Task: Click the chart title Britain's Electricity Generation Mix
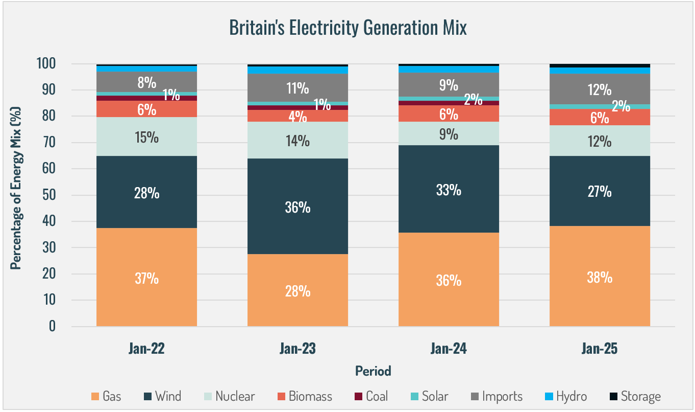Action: pos(347,28)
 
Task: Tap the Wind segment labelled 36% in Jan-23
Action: pos(297,207)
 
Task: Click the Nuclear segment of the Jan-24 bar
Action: pos(449,134)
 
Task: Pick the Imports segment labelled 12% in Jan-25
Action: pos(600,89)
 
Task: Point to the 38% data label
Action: pos(600,278)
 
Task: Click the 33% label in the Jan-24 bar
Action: pos(449,190)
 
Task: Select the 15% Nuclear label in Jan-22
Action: pos(147,138)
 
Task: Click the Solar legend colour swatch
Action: pos(415,396)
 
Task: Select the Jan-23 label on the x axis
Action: pos(297,350)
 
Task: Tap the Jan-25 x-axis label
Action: pos(600,350)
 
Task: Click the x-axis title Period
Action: pos(373,371)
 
